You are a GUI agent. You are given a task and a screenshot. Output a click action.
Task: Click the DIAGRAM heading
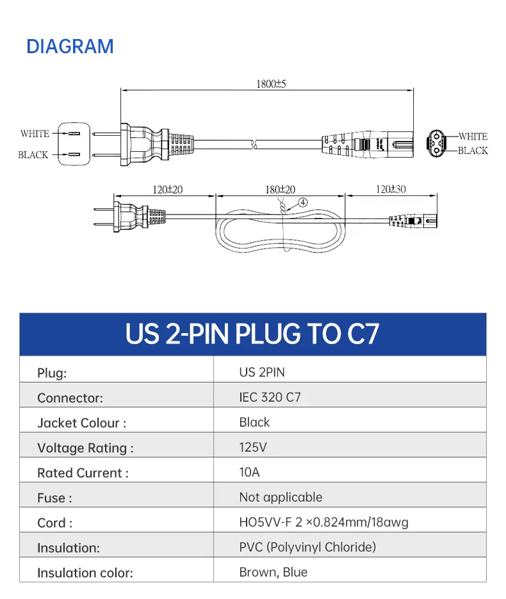70,46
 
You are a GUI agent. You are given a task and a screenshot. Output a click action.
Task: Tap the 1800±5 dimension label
272,84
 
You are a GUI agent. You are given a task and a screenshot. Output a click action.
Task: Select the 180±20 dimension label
281,190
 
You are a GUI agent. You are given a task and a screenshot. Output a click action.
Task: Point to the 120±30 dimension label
391,190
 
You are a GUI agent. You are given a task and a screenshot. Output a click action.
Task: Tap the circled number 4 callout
302,202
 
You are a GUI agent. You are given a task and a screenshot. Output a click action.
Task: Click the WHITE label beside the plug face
35,134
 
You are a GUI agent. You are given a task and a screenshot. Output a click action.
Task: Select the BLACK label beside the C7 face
473,151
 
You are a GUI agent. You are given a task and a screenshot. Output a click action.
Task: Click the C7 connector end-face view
439,143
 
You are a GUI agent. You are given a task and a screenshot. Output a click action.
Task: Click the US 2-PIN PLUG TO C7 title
252,334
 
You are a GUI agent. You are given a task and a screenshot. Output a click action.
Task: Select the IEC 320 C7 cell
270,397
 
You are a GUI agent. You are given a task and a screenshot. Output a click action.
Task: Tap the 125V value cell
253,447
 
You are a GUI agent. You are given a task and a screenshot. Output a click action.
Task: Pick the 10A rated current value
249,472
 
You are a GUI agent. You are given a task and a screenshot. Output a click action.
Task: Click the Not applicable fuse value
281,497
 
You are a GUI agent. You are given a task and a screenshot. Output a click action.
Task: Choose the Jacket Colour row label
81,423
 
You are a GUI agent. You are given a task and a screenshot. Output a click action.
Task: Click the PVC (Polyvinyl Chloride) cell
307,547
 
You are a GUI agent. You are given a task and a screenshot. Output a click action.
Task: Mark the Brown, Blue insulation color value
273,572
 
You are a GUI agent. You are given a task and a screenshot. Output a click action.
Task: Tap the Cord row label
54,523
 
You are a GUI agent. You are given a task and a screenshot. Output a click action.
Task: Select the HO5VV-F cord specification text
323,522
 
